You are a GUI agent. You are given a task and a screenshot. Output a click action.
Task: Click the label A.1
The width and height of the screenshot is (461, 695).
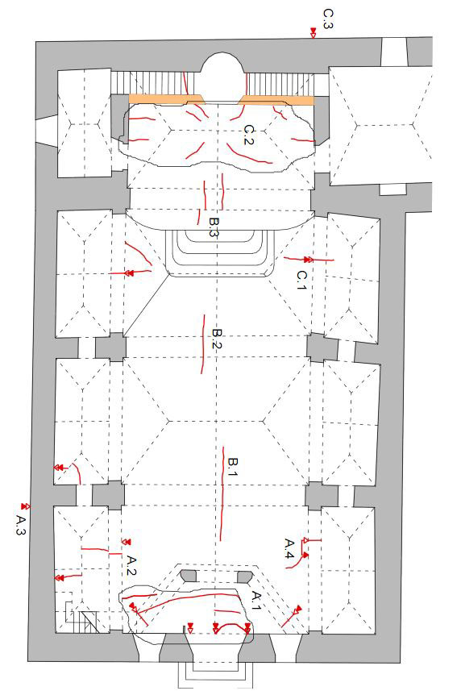[x=256, y=600]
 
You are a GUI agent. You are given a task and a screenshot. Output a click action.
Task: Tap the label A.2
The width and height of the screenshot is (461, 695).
[x=131, y=565]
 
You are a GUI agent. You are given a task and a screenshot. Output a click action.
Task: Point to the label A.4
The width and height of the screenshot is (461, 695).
[x=289, y=548]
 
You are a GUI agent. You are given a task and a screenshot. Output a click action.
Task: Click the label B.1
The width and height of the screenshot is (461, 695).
[x=233, y=468]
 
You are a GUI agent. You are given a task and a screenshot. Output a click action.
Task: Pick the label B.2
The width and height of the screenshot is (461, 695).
[x=217, y=339]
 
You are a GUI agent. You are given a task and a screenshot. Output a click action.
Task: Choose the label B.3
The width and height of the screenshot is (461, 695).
[x=214, y=227]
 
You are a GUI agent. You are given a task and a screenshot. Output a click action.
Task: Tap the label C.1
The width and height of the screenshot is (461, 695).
[x=301, y=280]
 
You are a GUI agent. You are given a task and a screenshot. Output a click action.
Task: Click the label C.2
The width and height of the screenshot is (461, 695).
[x=249, y=135]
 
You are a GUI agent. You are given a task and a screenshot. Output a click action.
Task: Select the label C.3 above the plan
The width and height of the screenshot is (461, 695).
[x=327, y=19]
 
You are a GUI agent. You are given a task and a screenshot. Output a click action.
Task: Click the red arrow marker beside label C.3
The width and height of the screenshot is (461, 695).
[x=313, y=32]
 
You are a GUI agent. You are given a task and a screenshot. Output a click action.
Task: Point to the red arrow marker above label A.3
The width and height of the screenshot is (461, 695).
[x=25, y=506]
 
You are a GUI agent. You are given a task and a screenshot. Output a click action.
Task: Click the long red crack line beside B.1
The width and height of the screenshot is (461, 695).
[x=222, y=494]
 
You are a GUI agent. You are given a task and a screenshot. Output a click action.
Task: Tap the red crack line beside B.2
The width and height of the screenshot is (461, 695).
[x=203, y=344]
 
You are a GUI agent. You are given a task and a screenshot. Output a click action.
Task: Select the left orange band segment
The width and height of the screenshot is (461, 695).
[x=167, y=99]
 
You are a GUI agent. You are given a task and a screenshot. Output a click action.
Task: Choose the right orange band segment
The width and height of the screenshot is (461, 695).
[x=276, y=100]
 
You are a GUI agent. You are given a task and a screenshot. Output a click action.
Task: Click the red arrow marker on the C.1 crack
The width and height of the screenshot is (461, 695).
[x=308, y=260]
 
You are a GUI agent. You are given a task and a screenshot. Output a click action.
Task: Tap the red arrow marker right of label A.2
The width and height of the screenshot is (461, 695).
[x=127, y=542]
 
